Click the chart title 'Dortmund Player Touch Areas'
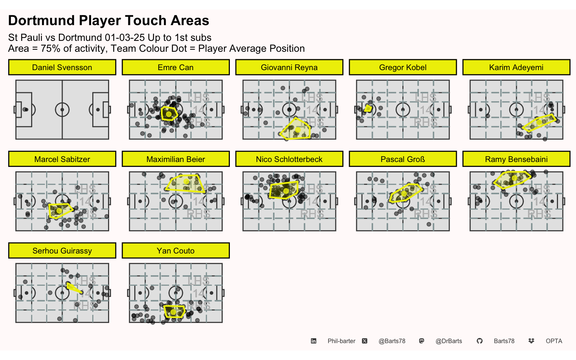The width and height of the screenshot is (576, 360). tap(108, 21)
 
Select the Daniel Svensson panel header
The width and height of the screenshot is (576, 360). tap(62, 67)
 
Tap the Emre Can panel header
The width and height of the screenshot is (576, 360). tap(175, 67)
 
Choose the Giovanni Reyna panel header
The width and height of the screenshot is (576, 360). tap(289, 67)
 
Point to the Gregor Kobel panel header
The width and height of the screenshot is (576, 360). tap(403, 67)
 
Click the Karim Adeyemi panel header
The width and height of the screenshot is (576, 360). tap(516, 67)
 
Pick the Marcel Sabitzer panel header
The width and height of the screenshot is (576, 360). tap(62, 159)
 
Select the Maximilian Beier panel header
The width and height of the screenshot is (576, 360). tap(175, 159)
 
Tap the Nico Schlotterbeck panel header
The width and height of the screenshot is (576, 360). tap(289, 159)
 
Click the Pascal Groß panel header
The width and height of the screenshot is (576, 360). tap(403, 159)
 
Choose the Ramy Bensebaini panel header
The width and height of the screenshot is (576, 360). tap(516, 159)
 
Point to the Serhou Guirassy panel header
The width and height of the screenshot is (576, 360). tap(62, 251)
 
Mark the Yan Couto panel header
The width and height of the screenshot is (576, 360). tap(175, 251)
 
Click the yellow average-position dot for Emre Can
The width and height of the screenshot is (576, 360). tap(169, 114)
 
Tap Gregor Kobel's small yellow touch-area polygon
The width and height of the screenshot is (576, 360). tap(368, 108)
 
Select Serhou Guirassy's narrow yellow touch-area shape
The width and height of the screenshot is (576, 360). tap(74, 288)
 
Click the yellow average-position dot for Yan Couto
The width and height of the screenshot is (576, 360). tap(173, 312)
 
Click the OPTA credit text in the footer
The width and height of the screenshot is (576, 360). tap(554, 341)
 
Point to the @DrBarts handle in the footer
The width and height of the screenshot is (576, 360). tap(448, 341)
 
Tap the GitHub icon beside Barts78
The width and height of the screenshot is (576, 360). tap(480, 341)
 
